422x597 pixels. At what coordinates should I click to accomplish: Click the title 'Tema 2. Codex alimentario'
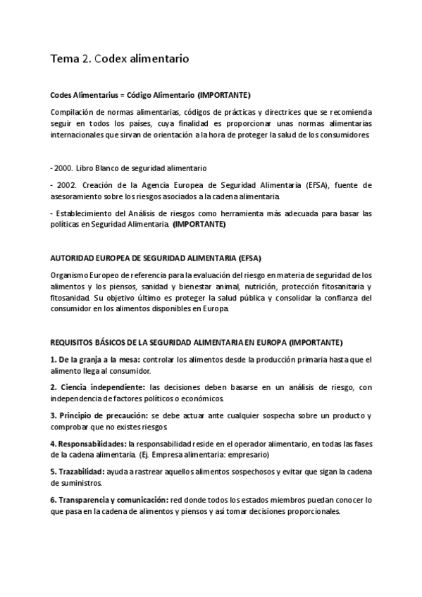click(x=118, y=60)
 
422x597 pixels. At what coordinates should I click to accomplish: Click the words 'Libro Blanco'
click(x=97, y=168)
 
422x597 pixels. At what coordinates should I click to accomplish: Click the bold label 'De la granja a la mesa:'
click(x=95, y=359)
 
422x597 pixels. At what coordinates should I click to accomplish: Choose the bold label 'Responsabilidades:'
click(x=88, y=444)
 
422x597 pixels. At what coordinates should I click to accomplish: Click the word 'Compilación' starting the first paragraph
click(x=73, y=113)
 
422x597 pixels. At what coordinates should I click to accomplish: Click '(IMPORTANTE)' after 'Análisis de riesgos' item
click(x=199, y=224)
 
